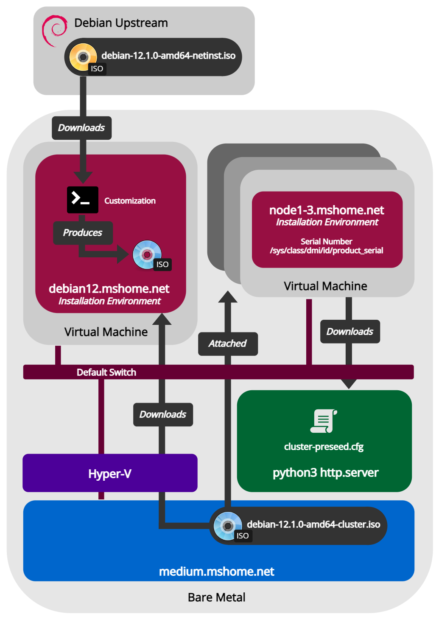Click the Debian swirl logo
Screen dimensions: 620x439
pos(54,30)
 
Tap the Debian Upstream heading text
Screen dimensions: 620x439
pos(121,23)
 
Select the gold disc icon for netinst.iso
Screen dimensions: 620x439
pos(83,57)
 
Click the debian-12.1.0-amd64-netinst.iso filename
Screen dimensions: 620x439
pos(168,56)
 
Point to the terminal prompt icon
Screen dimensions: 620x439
pos(82,200)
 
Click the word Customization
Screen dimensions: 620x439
pos(130,201)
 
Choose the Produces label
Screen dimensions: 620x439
pos(83,233)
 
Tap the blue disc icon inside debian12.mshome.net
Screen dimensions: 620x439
pos(147,254)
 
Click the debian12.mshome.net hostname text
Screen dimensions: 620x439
pos(109,289)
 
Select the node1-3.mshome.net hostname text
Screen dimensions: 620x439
pos(327,210)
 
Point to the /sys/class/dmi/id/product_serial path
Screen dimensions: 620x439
pos(327,251)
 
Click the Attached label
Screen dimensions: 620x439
pos(228,344)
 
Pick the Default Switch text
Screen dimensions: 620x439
pos(106,372)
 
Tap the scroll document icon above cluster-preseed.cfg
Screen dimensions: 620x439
pos(324,421)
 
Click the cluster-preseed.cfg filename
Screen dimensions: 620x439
pos(324,447)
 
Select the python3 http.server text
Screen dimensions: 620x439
pos(325,473)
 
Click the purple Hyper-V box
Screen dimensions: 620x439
pos(110,473)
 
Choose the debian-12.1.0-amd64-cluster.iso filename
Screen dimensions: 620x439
pos(313,524)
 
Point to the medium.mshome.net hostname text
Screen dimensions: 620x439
pos(217,572)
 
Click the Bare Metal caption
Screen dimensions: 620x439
pos(217,597)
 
